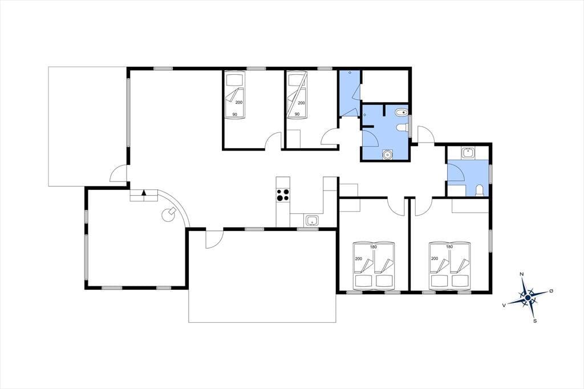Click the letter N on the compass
(x=522, y=274)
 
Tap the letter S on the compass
(x=535, y=321)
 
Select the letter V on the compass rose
(x=504, y=305)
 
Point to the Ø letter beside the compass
(x=551, y=291)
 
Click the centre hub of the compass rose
(x=528, y=298)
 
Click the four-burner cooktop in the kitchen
(x=283, y=195)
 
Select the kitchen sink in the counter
(x=311, y=221)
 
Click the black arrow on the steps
(x=144, y=193)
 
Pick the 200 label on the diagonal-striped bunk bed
(x=301, y=103)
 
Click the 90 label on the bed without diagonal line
(x=234, y=115)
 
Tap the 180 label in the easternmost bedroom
(x=449, y=246)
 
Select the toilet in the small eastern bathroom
(x=479, y=191)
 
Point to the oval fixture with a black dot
(x=401, y=112)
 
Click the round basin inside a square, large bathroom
(x=388, y=154)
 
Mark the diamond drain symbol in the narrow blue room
(x=350, y=72)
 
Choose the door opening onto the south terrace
(x=214, y=238)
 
